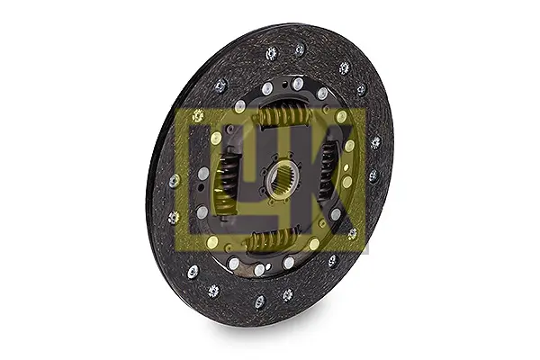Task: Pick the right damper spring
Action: point(328,171)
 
